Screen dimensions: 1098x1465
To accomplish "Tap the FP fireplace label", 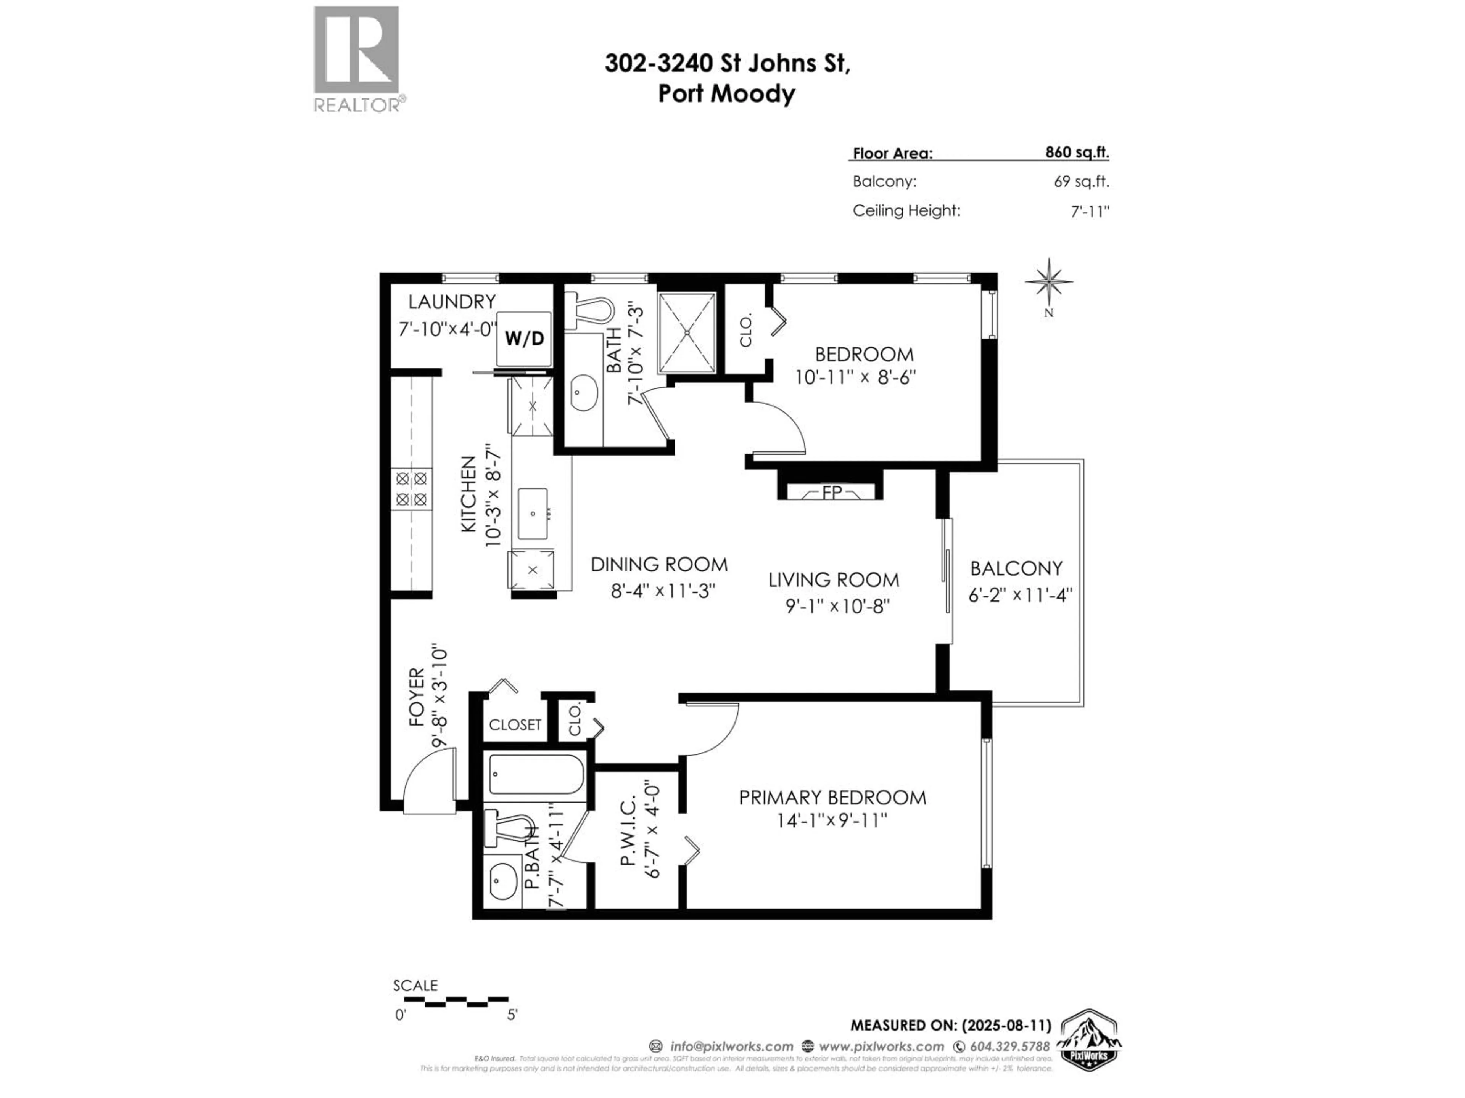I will [832, 493].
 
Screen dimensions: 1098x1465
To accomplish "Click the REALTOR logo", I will [357, 58].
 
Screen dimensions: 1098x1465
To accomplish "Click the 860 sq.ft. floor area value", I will [1077, 152].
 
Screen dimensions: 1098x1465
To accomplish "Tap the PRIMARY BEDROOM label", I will [832, 798].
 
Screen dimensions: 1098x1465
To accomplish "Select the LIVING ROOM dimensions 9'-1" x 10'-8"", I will [837, 605].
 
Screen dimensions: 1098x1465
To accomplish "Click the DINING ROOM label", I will [659, 565].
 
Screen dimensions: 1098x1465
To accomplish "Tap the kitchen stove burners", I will [411, 488].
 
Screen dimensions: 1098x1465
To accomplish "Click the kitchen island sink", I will [533, 514].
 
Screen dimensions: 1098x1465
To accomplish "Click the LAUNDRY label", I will [452, 302].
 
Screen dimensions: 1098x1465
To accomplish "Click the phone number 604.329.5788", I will [1009, 1047].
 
